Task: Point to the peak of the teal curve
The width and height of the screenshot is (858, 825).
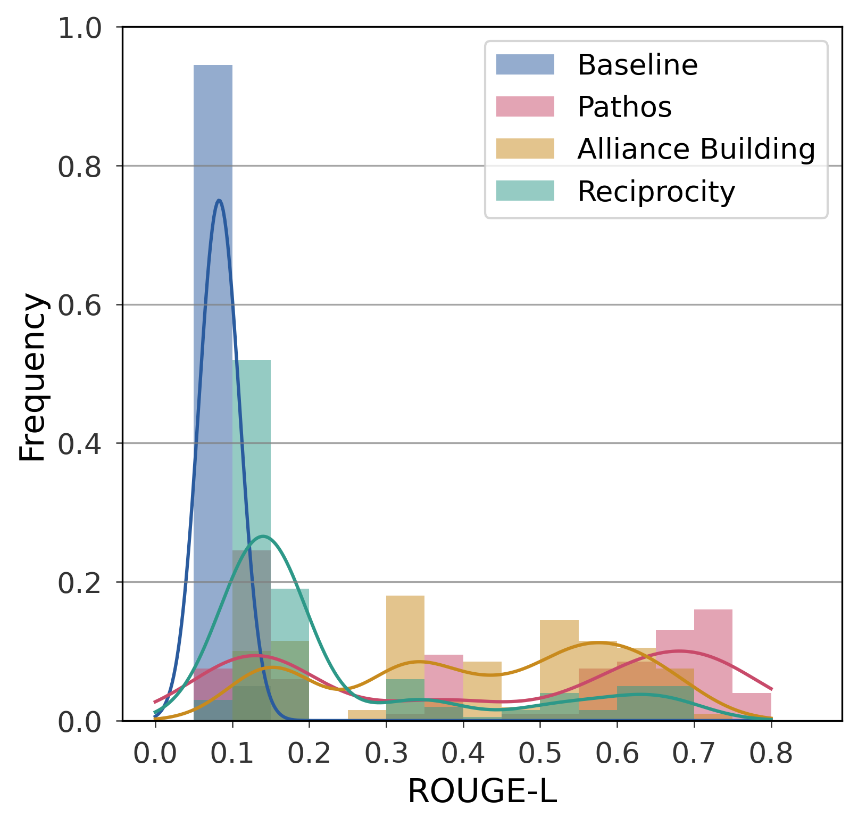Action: click(x=263, y=536)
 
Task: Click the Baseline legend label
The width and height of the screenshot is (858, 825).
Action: click(x=637, y=65)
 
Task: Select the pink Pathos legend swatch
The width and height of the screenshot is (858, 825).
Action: click(x=525, y=106)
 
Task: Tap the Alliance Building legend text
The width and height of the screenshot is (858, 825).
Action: click(x=696, y=149)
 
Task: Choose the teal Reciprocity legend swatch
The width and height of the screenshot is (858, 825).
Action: click(x=525, y=191)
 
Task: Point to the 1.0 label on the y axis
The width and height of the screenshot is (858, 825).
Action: click(x=79, y=28)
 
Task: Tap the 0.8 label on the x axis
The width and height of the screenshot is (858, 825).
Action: click(x=771, y=754)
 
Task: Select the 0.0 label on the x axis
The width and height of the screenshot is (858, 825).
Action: click(x=155, y=754)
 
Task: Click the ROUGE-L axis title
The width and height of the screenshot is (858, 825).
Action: click(x=482, y=791)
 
